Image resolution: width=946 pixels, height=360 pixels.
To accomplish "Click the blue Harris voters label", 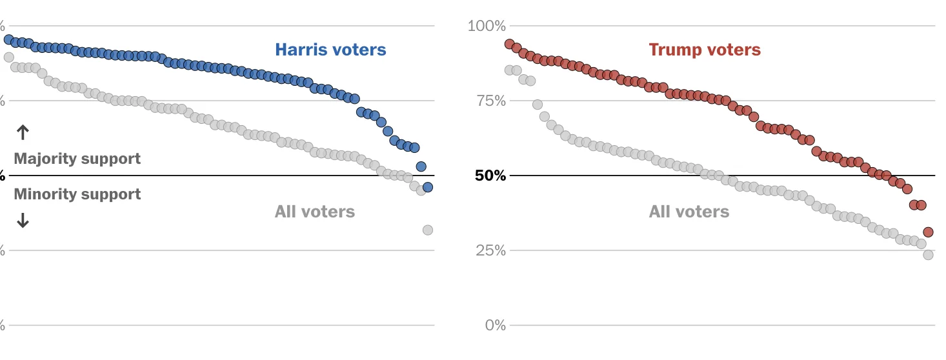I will tap(330, 50).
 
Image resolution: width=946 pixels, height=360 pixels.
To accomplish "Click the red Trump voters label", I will tap(705, 50).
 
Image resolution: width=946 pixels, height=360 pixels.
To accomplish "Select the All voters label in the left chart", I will tap(315, 212).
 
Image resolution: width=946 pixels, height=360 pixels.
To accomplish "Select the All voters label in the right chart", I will tap(689, 212).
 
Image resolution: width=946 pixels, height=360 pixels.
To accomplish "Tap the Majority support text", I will tap(77, 159).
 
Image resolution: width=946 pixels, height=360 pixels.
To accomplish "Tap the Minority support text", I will tap(77, 194).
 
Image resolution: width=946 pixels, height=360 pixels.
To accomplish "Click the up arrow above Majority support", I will tap(23, 133).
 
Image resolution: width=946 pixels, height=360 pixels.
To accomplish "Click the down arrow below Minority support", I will tap(23, 221).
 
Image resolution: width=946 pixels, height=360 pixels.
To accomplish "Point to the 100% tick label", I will tap(487, 26).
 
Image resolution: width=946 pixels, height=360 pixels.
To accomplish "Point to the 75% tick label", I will tap(490, 101).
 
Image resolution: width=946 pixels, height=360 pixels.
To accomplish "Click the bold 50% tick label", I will tap(490, 176).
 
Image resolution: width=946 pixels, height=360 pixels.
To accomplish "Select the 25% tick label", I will tap(490, 251).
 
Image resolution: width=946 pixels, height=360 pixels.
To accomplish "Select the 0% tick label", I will tap(495, 325).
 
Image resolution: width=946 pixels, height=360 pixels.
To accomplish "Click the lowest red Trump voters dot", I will tap(928, 232).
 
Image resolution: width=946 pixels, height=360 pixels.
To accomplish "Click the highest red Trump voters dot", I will tap(509, 45).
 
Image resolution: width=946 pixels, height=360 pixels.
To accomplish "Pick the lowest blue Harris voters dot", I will tap(427, 187).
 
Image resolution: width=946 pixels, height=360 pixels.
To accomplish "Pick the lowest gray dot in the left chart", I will tap(427, 230).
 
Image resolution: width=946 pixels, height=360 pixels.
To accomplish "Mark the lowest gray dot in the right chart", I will tap(928, 255).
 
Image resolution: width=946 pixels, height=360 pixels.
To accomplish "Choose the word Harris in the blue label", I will tap(301, 50).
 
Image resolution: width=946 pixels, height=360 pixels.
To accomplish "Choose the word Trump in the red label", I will tap(674, 50).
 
